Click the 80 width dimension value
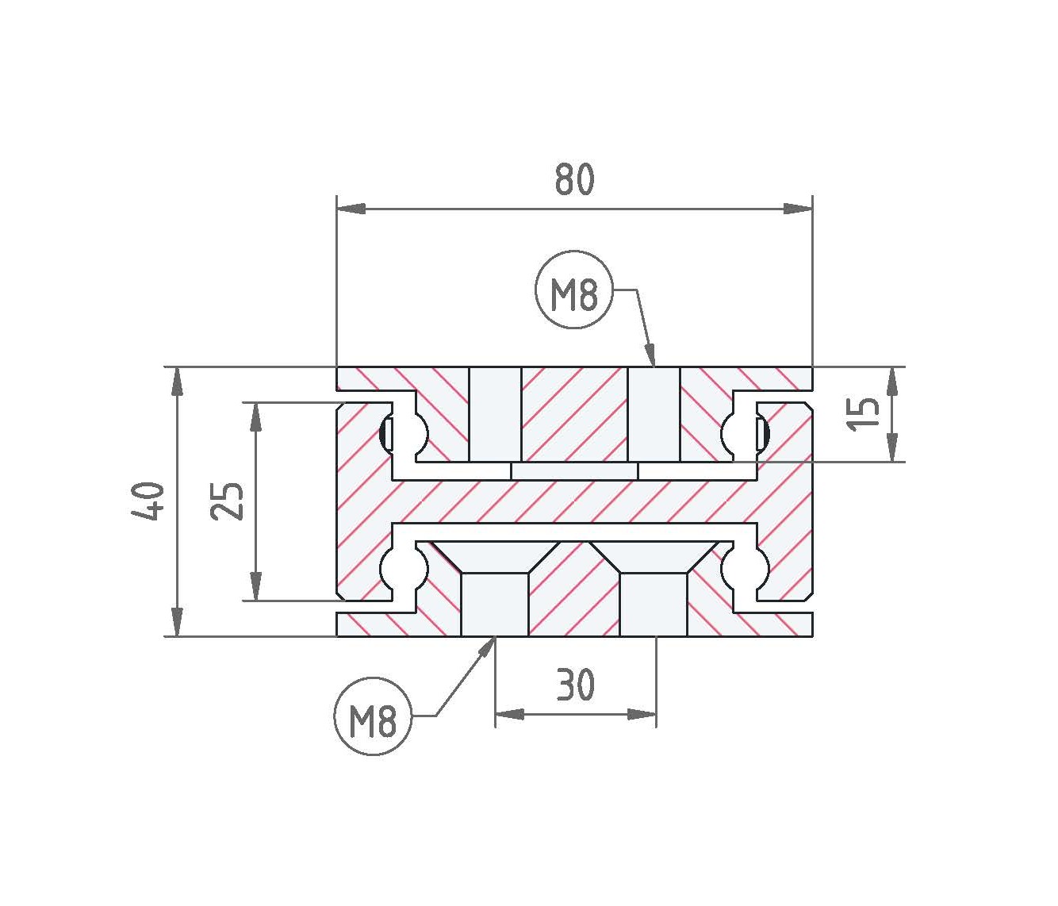[x=574, y=179]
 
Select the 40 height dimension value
[x=148, y=501]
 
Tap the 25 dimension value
[x=226, y=501]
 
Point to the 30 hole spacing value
[x=575, y=684]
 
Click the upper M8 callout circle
[x=573, y=290]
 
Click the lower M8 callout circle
[x=373, y=716]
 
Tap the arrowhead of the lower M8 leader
[x=485, y=647]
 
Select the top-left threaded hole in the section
[x=494, y=414]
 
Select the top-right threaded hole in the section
[x=654, y=414]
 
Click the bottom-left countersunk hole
[x=494, y=588]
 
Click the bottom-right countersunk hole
[x=654, y=588]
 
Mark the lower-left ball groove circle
[x=404, y=567]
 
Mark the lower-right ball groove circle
[x=746, y=567]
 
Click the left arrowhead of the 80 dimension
[x=351, y=209]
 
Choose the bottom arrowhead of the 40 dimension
[x=177, y=622]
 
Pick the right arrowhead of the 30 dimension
[x=642, y=714]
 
